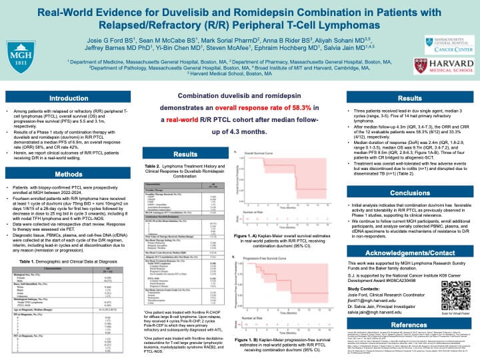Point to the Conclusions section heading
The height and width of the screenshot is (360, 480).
tap(410, 193)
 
